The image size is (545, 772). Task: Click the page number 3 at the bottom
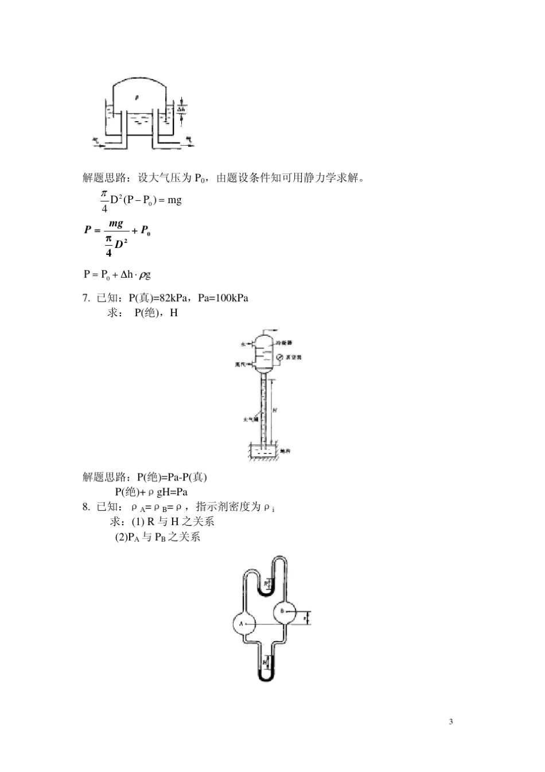click(450, 721)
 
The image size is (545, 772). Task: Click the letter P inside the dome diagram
click(137, 98)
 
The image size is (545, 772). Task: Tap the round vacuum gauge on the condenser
click(279, 357)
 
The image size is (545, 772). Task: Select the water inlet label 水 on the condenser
click(243, 344)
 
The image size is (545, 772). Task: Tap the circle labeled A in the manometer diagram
click(242, 623)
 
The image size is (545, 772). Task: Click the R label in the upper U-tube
click(266, 584)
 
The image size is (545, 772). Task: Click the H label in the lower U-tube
click(264, 661)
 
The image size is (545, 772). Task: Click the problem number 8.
click(86, 507)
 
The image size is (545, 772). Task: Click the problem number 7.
click(86, 298)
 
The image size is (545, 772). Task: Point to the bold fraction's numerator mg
click(116, 223)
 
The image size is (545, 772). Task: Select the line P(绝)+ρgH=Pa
click(151, 492)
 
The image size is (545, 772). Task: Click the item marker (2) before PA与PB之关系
click(120, 537)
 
